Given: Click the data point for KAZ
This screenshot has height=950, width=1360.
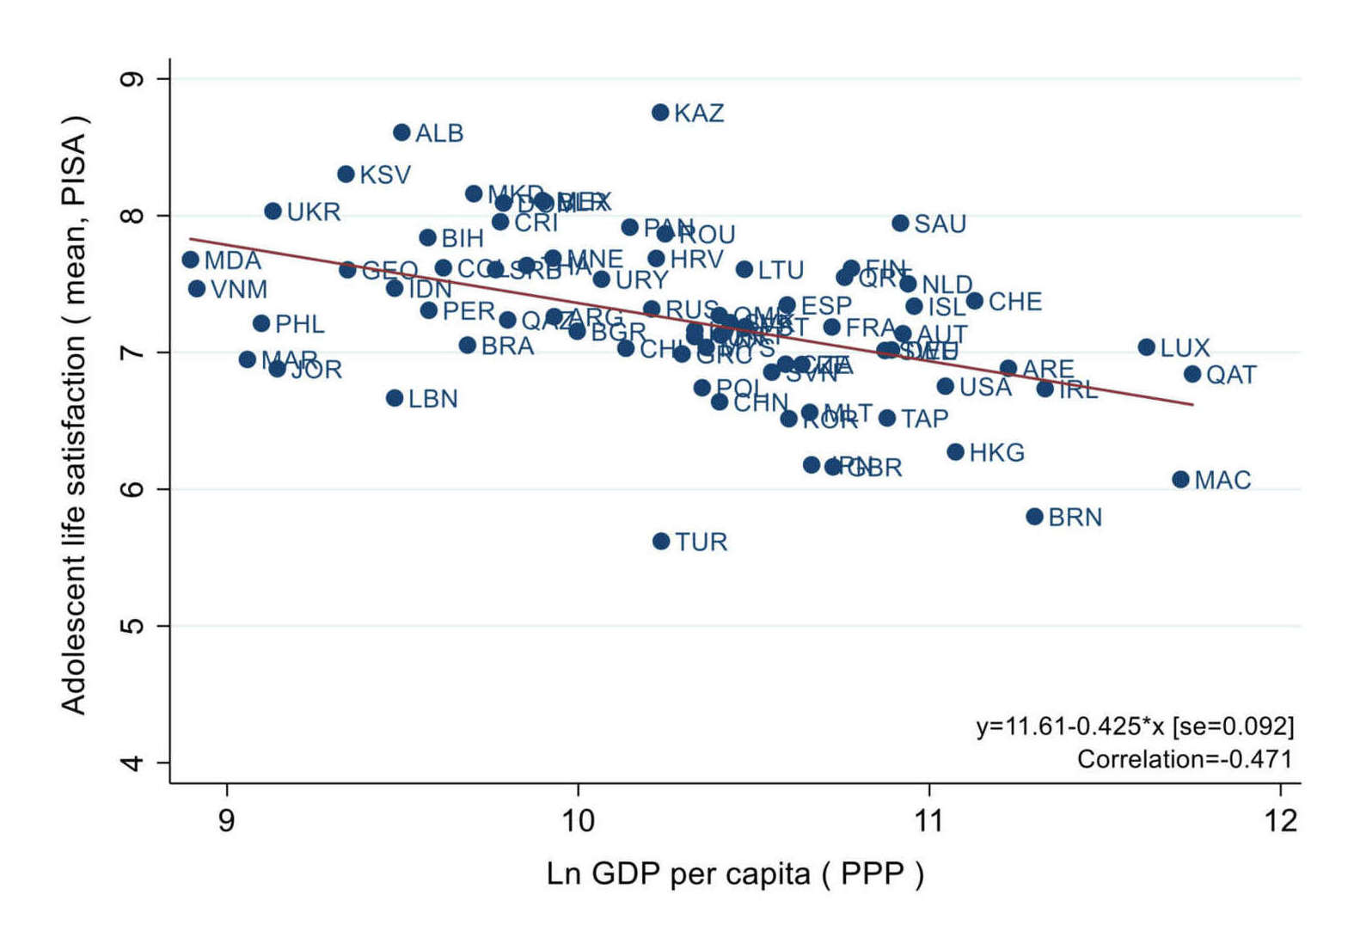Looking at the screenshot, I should point(660,113).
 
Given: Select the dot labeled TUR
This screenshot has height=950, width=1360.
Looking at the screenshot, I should point(661,542).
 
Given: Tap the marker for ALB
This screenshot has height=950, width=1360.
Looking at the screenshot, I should point(401,132).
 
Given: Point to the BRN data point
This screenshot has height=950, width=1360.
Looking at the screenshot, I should point(1034,517).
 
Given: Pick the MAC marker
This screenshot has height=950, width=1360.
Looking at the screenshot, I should point(1180,480).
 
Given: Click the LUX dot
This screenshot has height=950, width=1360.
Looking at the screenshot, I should point(1146,347).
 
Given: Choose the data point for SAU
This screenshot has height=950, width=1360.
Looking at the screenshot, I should point(900,224).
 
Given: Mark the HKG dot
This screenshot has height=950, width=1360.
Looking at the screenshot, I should point(955,452).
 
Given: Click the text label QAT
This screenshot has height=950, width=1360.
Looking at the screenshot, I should point(1231,376).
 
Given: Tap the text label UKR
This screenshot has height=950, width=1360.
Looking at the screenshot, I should point(314,212).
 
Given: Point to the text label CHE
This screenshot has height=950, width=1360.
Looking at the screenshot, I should point(1015,303).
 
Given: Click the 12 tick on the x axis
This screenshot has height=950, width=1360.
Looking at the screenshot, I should point(1281,821).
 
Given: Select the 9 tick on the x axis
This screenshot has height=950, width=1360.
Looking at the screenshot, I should point(226,821).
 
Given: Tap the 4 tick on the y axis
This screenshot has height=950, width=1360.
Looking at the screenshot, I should point(133,763).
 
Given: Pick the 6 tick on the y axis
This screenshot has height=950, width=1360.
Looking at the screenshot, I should point(133,489).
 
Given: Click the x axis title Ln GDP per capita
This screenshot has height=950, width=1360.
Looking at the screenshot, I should point(735,874).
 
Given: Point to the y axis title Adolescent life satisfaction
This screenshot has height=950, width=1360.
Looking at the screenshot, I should point(75,413).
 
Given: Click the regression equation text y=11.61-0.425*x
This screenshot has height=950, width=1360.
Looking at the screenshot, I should point(1135,726).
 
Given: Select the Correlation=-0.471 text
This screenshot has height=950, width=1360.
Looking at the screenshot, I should point(1185,759).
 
